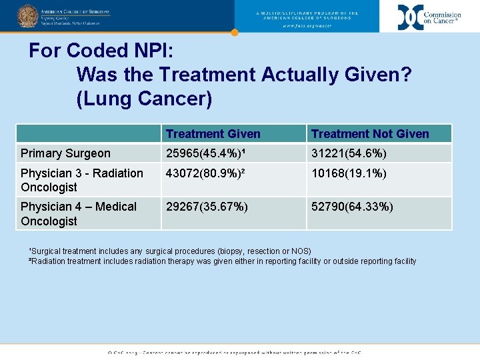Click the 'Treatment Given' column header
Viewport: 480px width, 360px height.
[x=213, y=134]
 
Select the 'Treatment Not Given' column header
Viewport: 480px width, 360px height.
[x=370, y=134]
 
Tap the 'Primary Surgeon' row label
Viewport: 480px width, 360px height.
[x=65, y=153]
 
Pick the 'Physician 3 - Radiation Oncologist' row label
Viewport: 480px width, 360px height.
[x=81, y=180]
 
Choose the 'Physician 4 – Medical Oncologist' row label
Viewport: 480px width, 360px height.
[x=78, y=213]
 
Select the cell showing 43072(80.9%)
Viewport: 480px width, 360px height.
[x=208, y=173]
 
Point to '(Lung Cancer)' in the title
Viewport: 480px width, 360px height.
[x=144, y=99]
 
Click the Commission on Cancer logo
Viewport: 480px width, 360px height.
[x=429, y=17]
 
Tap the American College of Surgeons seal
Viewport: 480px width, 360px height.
[x=27, y=15]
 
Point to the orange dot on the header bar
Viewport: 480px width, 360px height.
[x=234, y=32]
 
